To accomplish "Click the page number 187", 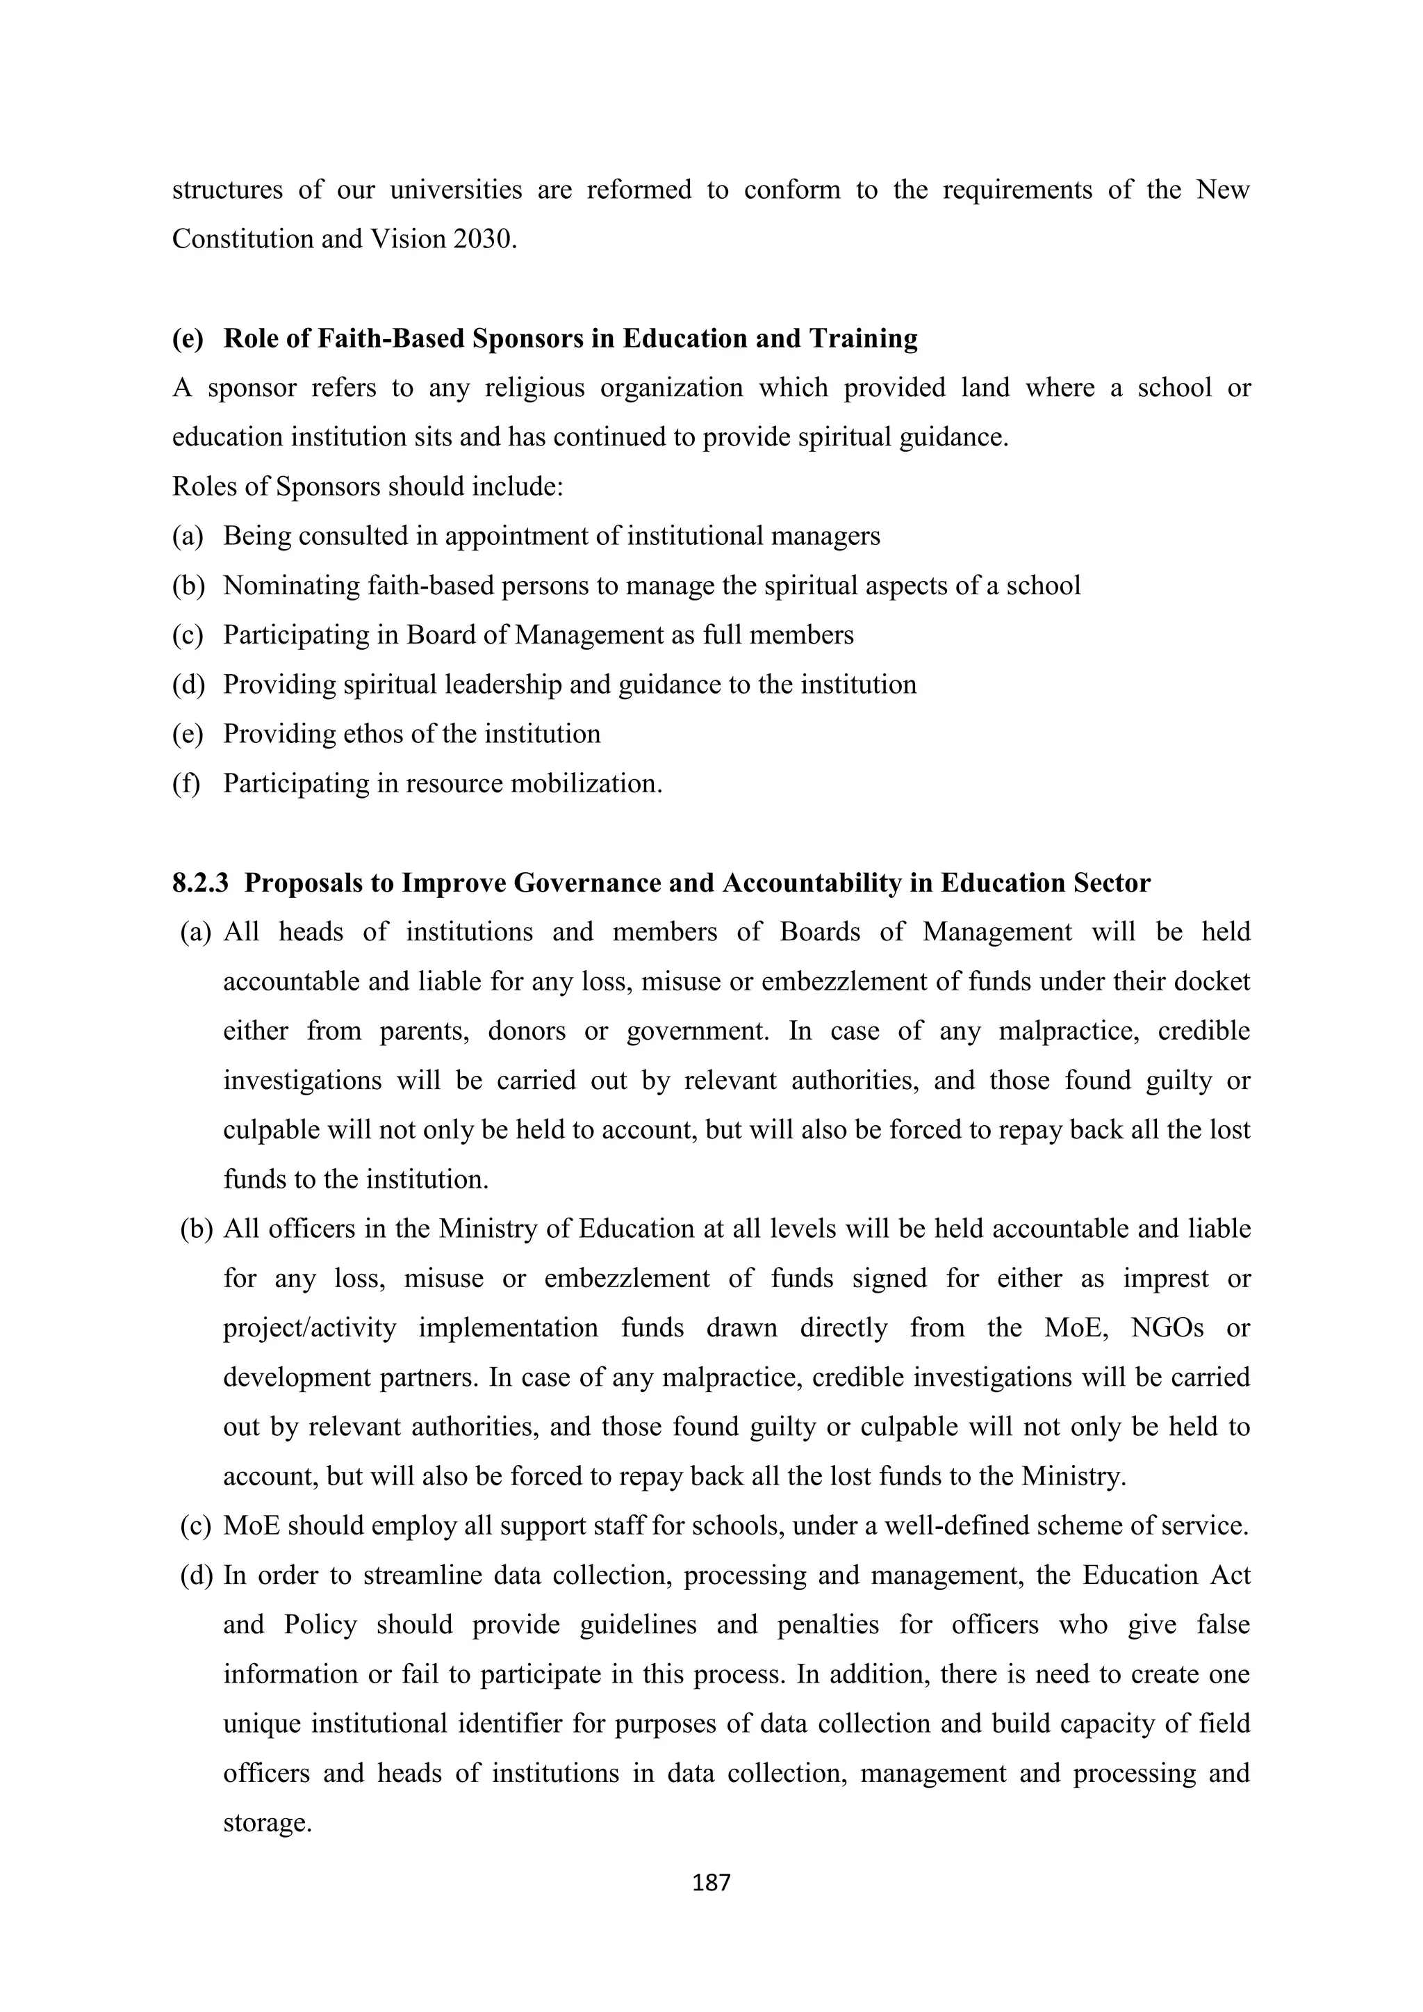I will tap(711, 1881).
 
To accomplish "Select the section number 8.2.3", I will tap(200, 883).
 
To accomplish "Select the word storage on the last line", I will tap(268, 1824).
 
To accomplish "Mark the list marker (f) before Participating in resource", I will tap(186, 783).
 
